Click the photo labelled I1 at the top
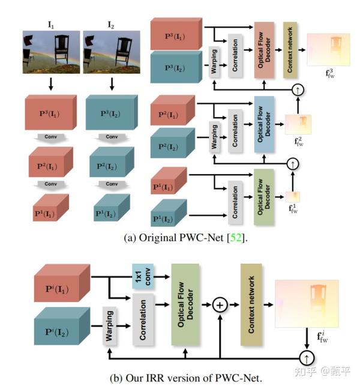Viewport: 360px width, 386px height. click(50, 52)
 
